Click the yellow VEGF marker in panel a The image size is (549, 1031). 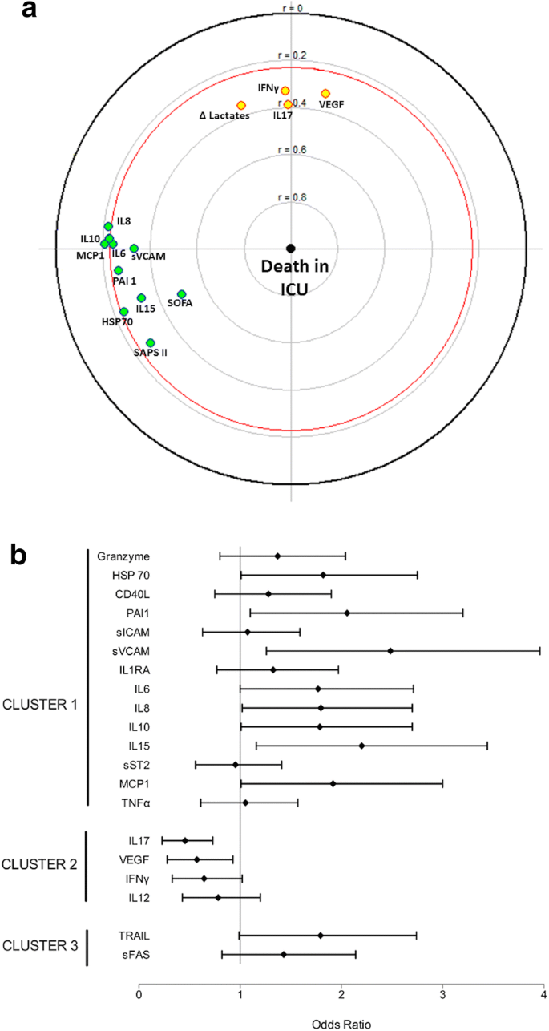325,94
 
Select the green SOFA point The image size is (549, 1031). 182,294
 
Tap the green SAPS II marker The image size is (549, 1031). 151,342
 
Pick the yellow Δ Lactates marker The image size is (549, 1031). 241,106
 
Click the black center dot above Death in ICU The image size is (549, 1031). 291,248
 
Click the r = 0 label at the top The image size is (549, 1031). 291,8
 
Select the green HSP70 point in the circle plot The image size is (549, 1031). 124,311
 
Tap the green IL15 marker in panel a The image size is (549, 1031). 142,298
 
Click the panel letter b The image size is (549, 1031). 19,556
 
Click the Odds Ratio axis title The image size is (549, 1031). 341,1022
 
